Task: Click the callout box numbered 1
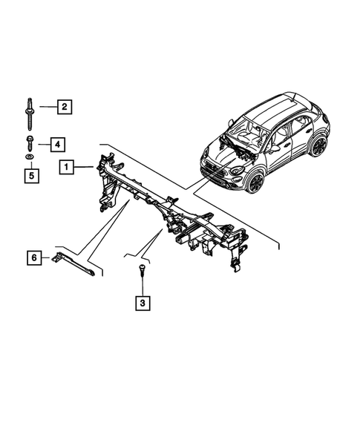[68, 168]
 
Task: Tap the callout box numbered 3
[142, 303]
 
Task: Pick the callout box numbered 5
[31, 176]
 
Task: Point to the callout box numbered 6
[32, 257]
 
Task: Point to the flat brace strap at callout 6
[74, 264]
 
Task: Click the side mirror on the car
[275, 148]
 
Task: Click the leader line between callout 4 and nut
[44, 143]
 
